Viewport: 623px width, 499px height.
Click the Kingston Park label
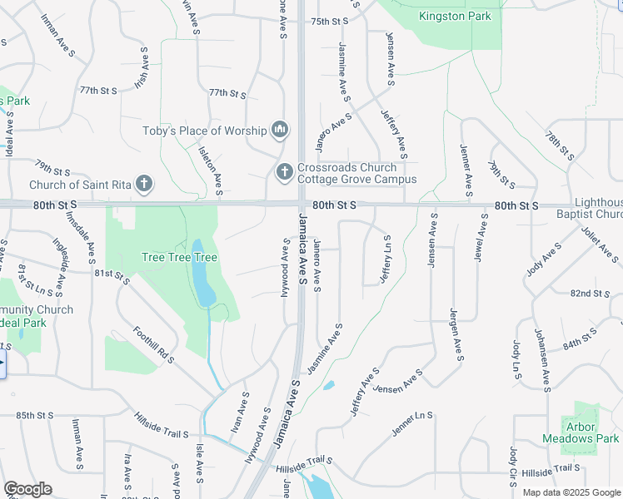(455, 16)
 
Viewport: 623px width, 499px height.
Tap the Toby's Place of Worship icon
(280, 130)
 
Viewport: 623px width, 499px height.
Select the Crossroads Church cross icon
(284, 171)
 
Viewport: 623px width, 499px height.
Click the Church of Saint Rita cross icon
(144, 183)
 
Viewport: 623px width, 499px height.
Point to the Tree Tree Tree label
(179, 258)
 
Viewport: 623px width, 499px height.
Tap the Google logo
(27, 489)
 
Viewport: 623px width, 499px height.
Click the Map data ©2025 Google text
(571, 492)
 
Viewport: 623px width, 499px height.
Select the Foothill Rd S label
(153, 344)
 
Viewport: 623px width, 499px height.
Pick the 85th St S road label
(35, 415)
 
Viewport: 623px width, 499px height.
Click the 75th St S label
(329, 22)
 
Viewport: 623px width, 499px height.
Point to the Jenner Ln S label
(413, 423)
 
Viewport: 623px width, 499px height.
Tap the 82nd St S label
(591, 294)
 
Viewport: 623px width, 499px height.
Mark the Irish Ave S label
(142, 69)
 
